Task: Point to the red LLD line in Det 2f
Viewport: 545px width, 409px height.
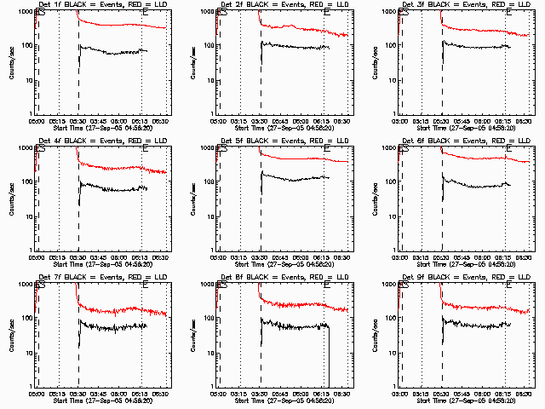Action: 298,28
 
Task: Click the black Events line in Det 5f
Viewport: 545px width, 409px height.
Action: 290,180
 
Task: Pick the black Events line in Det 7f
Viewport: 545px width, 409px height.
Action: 111,326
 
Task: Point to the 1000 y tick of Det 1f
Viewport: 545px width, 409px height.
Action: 25,12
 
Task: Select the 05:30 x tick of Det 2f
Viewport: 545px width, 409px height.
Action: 261,121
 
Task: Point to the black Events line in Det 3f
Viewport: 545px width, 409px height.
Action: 477,46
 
